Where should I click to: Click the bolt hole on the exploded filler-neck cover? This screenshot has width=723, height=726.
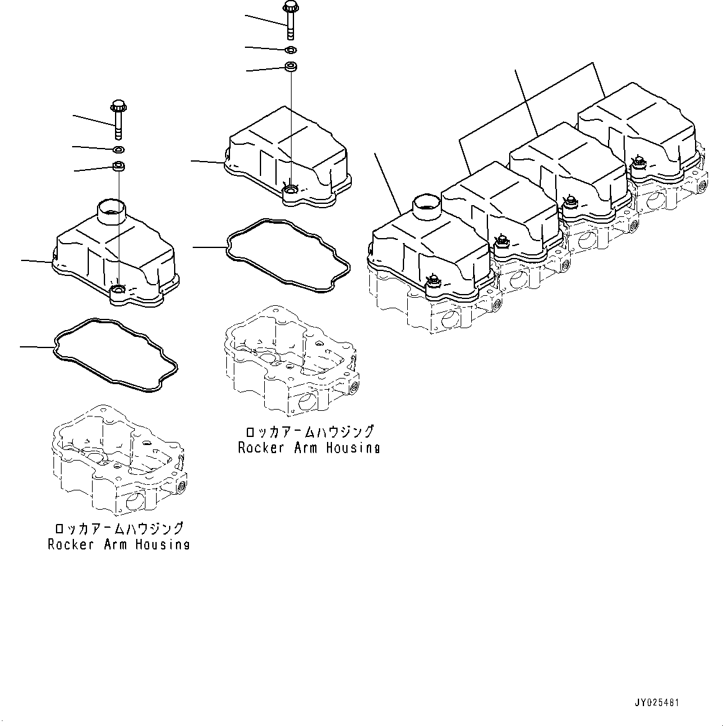118,290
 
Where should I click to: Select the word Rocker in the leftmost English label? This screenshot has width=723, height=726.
70,544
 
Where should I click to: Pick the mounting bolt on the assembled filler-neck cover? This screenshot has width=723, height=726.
433,282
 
